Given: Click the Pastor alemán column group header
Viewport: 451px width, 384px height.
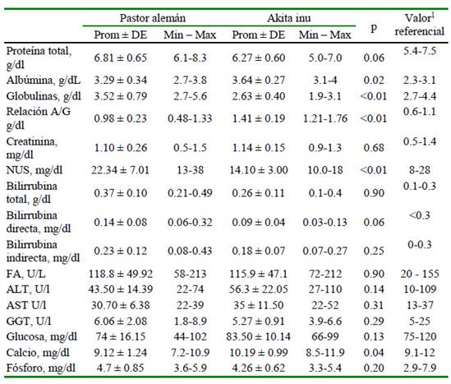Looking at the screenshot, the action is (153, 18).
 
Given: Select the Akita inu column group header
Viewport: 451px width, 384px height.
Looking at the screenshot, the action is (289, 18).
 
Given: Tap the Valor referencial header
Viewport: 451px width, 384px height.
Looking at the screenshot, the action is (419, 25).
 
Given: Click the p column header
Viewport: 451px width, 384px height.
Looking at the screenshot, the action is (374, 28).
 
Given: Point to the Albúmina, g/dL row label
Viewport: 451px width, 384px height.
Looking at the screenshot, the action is (44, 81).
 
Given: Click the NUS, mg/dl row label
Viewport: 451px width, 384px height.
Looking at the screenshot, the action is (35, 170).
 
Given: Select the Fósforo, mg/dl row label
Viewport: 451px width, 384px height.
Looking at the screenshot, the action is (41, 368).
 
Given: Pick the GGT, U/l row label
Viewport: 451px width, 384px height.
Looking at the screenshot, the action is (29, 322).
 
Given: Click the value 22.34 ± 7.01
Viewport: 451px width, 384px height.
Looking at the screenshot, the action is (120, 170).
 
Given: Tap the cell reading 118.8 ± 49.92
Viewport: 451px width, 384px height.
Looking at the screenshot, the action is (121, 274).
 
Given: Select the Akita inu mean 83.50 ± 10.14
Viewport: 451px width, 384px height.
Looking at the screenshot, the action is (258, 336).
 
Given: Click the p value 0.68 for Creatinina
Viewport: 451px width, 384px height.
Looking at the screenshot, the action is (374, 148).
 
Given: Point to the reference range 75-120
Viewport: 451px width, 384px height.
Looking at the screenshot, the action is (420, 336).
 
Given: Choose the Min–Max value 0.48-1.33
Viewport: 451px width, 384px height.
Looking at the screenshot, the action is (190, 118).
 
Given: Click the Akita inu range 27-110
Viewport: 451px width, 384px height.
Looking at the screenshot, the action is (325, 289).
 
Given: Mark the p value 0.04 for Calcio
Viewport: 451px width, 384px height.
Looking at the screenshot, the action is (374, 353).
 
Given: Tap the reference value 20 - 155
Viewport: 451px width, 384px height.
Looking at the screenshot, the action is (420, 274).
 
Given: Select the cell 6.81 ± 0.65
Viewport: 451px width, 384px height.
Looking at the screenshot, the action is (120, 58).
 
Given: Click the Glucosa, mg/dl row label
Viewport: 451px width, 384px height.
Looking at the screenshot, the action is (42, 337).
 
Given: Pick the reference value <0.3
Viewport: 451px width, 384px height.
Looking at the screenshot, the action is (419, 215).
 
